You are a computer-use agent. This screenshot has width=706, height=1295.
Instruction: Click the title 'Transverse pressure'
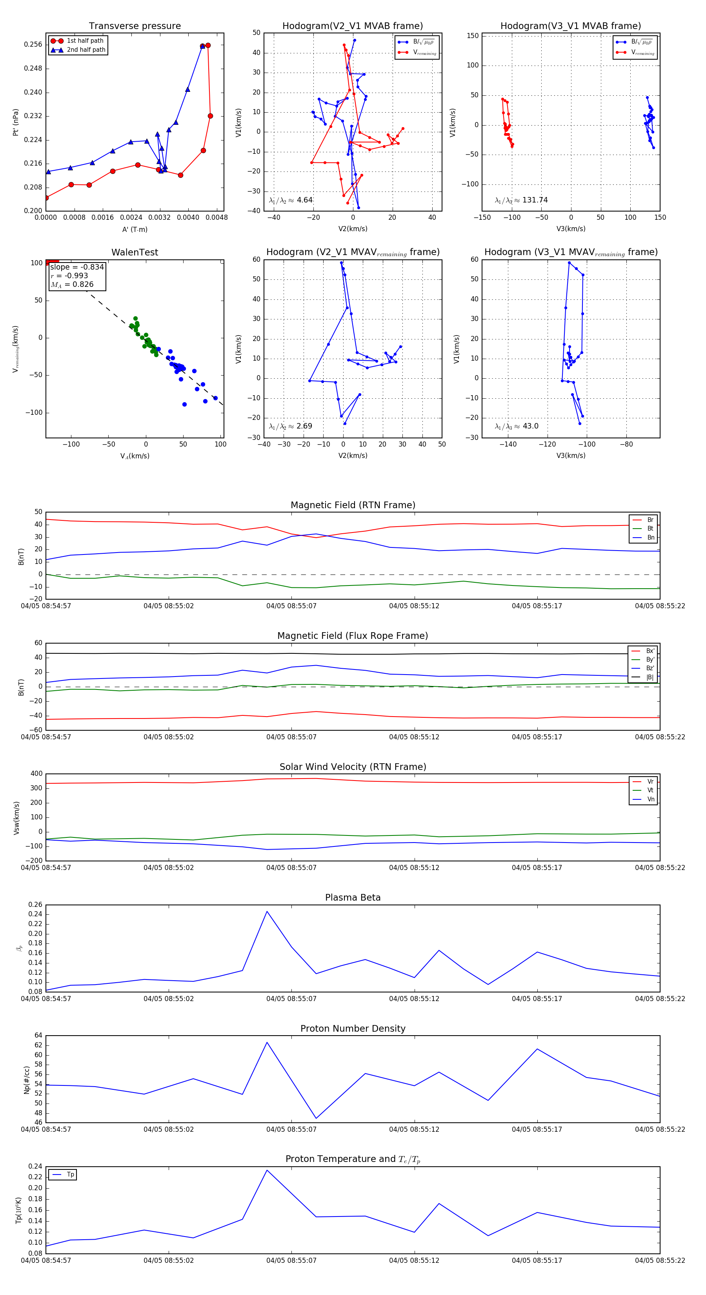pos(135,26)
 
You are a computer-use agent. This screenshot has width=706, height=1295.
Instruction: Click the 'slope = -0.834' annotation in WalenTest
pos(77,267)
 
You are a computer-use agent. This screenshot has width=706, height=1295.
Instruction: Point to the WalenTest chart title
pos(135,252)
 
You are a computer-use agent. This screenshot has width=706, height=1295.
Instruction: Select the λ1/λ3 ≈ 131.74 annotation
pos(521,200)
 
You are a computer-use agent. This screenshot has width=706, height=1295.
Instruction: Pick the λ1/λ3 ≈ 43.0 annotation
pos(517,426)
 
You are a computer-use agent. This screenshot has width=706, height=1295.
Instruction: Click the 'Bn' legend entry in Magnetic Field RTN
pos(650,537)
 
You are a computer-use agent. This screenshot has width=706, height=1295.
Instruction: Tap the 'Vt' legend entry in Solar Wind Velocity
pos(650,790)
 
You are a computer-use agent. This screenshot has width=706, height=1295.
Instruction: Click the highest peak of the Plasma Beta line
pos(267,912)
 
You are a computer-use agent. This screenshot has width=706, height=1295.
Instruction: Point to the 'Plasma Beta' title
pos(353,898)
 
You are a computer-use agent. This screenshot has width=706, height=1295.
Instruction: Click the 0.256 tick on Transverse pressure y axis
pos(33,45)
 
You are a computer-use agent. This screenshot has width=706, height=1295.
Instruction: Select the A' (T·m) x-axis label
pos(135,229)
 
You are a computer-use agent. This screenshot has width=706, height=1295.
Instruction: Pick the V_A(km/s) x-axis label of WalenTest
pos(135,456)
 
